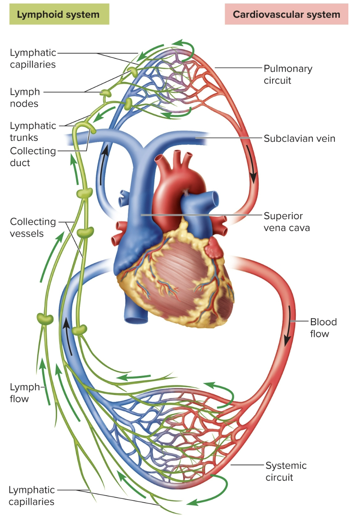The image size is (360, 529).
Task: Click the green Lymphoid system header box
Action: point(59,15)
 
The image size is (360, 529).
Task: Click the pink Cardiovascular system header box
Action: point(286,15)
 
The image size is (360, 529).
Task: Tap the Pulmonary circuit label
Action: point(288,74)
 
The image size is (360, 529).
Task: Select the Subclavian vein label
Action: point(299,139)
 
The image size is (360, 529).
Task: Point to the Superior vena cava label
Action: point(286,222)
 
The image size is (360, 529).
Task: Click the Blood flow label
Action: point(323,328)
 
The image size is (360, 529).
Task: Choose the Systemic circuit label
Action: point(286,471)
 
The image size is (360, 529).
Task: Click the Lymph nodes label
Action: point(24,98)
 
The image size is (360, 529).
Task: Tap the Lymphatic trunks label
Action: point(33,131)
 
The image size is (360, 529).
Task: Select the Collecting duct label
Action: point(33,156)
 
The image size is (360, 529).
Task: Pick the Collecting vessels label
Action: point(33,227)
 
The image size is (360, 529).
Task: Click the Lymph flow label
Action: point(24,393)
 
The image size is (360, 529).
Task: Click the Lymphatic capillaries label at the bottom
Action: point(31,496)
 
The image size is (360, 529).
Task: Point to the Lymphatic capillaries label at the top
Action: point(33,58)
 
